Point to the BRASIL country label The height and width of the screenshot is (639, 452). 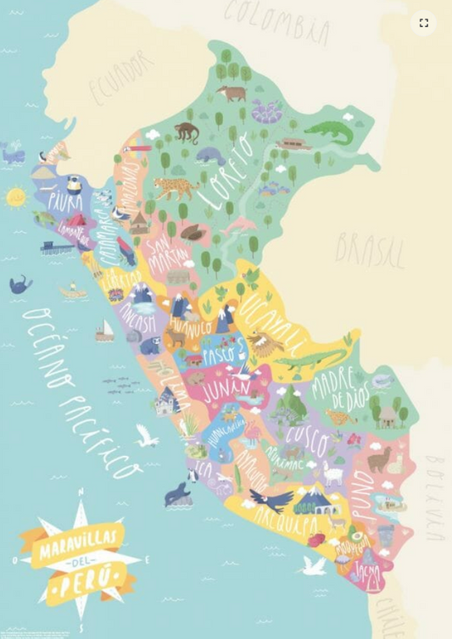[x=370, y=249]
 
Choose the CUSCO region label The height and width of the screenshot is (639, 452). [x=306, y=437]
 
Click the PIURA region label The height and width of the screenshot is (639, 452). [x=65, y=202]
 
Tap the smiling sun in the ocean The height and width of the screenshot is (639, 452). [x=16, y=197]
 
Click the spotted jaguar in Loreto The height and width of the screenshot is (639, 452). [x=175, y=188]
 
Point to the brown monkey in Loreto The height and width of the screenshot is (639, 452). [x=187, y=131]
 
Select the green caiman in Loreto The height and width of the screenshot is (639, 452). [x=326, y=131]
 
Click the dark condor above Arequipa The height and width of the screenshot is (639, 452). [x=270, y=499]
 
